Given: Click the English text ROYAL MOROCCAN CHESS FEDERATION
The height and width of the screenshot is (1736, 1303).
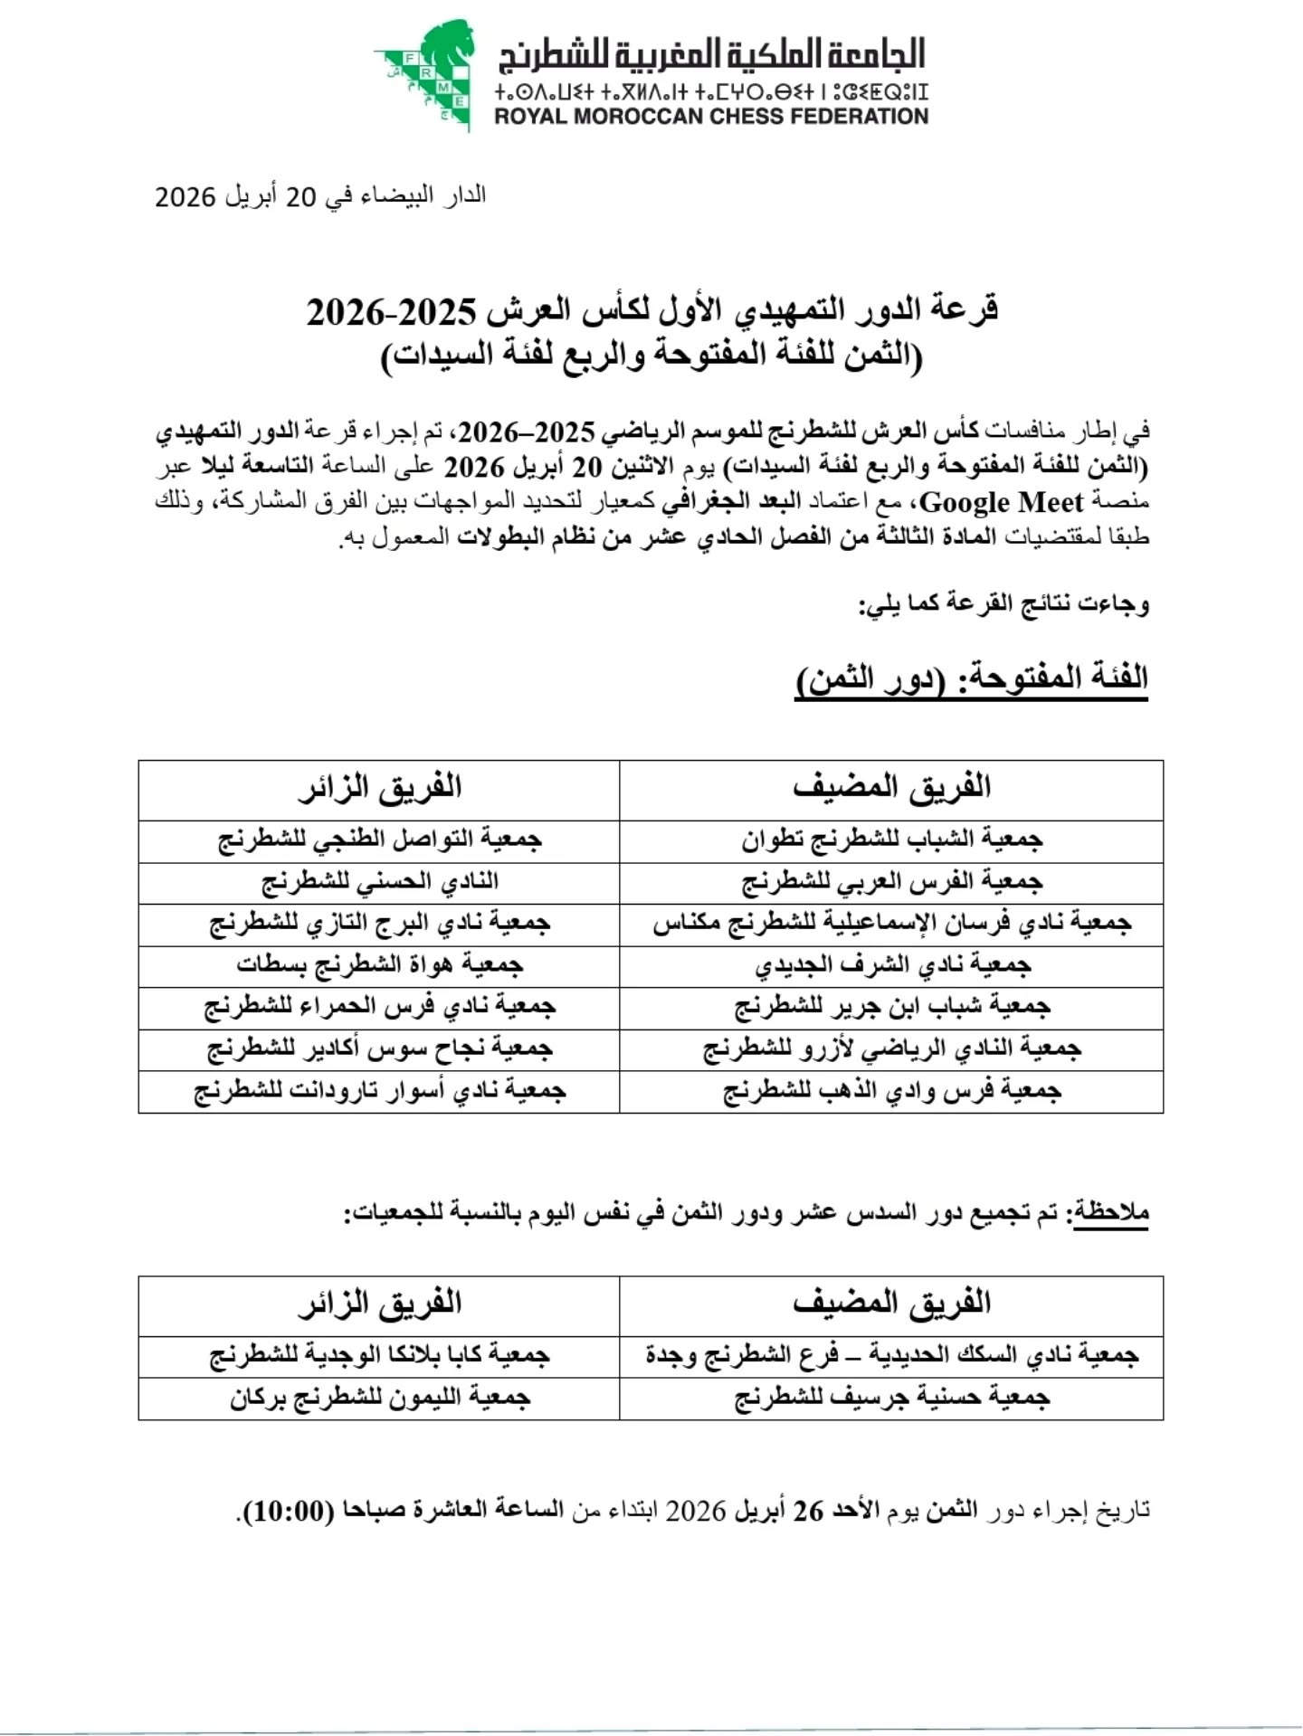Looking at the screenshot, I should pyautogui.click(x=711, y=117).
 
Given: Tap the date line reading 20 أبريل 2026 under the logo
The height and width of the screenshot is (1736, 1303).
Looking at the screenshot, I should pyautogui.click(x=320, y=196).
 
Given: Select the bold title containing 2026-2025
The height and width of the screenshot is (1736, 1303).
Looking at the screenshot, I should pyautogui.click(x=651, y=311).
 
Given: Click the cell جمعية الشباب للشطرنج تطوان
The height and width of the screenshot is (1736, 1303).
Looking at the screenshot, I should pyautogui.click(x=892, y=840).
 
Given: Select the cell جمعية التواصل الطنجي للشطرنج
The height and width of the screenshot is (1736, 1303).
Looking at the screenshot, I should pyautogui.click(x=380, y=840).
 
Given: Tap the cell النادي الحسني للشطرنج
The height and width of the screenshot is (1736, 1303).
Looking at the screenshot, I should pyautogui.click(x=380, y=882).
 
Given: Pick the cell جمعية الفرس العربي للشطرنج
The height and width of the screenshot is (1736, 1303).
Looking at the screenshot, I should pyautogui.click(x=892, y=882).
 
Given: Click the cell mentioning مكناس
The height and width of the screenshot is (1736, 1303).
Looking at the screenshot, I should pyautogui.click(x=892, y=924).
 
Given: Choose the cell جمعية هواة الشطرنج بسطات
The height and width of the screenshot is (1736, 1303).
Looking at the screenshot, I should pyautogui.click(x=380, y=965).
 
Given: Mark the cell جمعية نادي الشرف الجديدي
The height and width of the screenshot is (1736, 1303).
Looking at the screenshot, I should pyautogui.click(x=892, y=965).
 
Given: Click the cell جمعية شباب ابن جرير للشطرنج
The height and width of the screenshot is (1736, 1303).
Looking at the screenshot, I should pyautogui.click(x=892, y=1007).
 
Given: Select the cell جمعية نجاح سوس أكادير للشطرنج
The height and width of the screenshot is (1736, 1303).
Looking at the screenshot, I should pyautogui.click(x=380, y=1049).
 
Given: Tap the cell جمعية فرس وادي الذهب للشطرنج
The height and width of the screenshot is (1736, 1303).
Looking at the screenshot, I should pyautogui.click(x=892, y=1091).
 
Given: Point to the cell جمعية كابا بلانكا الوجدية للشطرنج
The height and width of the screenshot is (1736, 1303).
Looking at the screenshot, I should pyautogui.click(x=380, y=1356).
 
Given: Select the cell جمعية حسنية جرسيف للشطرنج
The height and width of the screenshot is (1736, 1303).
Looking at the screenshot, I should pyautogui.click(x=892, y=1399).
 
